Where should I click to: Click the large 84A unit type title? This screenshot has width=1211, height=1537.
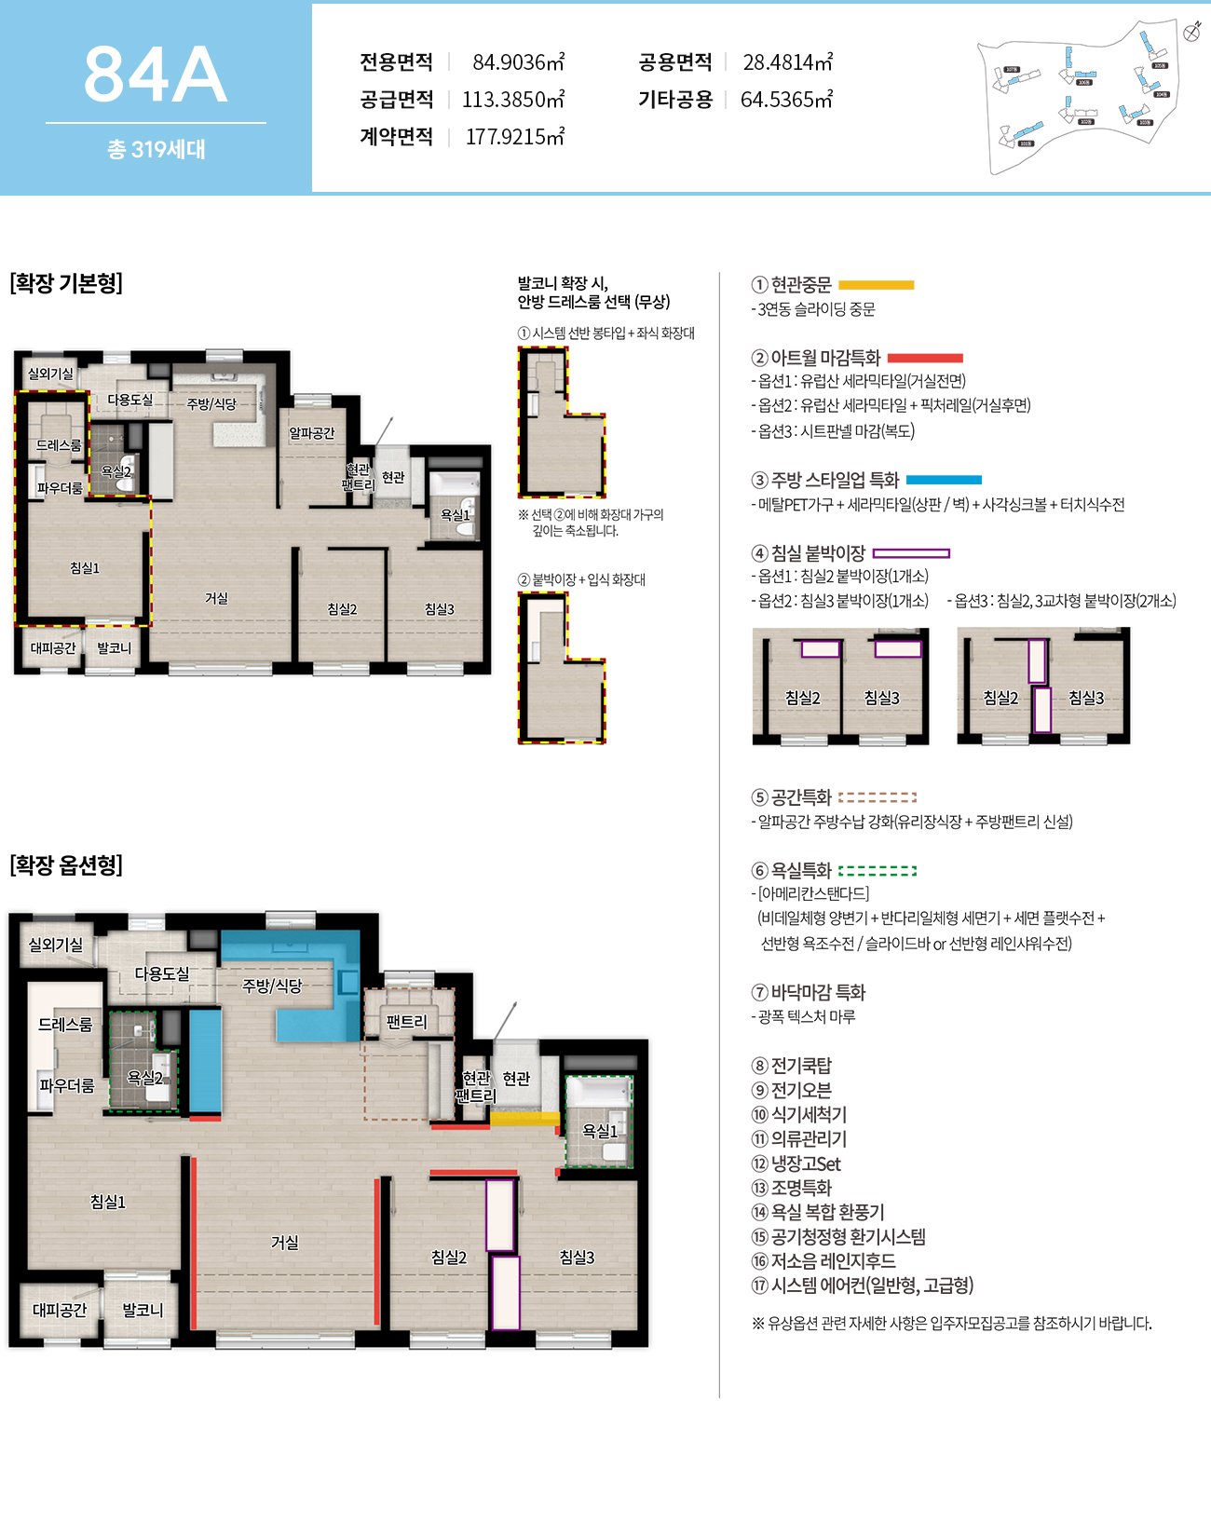pyautogui.click(x=155, y=75)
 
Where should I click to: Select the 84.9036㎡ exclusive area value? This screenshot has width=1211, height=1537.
pyautogui.click(x=518, y=62)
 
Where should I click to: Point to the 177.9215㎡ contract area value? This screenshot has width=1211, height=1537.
pyautogui.click(x=514, y=137)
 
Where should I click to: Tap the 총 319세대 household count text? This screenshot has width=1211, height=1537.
pyautogui.click(x=156, y=149)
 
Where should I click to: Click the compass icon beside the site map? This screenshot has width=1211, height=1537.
pyautogui.click(x=1191, y=32)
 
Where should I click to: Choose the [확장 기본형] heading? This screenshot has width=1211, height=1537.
pyautogui.click(x=66, y=283)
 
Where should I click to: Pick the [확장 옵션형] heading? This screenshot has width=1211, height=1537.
pyautogui.click(x=66, y=865)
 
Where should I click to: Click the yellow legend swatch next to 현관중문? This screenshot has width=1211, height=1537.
pyautogui.click(x=876, y=285)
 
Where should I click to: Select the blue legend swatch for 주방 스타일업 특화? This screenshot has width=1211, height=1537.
pyautogui.click(x=944, y=480)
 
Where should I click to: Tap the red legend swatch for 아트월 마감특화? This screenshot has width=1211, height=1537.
pyautogui.click(x=924, y=358)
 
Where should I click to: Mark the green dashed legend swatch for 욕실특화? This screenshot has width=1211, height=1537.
pyautogui.click(x=877, y=871)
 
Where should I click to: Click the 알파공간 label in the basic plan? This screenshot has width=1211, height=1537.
pyautogui.click(x=311, y=433)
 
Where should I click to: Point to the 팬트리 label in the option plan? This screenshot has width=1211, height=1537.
pyautogui.click(x=406, y=1022)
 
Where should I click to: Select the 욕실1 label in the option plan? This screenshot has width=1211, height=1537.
pyautogui.click(x=600, y=1131)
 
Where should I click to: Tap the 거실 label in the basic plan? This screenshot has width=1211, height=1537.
pyautogui.click(x=217, y=598)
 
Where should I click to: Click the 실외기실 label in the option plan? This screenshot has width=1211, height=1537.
pyautogui.click(x=56, y=945)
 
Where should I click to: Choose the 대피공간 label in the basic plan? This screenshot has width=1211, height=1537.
pyautogui.click(x=53, y=648)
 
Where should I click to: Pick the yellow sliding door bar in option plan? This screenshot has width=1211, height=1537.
pyautogui.click(x=524, y=1119)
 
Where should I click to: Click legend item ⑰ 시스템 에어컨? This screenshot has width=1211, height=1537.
pyautogui.click(x=863, y=1285)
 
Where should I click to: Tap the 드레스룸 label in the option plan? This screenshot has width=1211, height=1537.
pyautogui.click(x=65, y=1025)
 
